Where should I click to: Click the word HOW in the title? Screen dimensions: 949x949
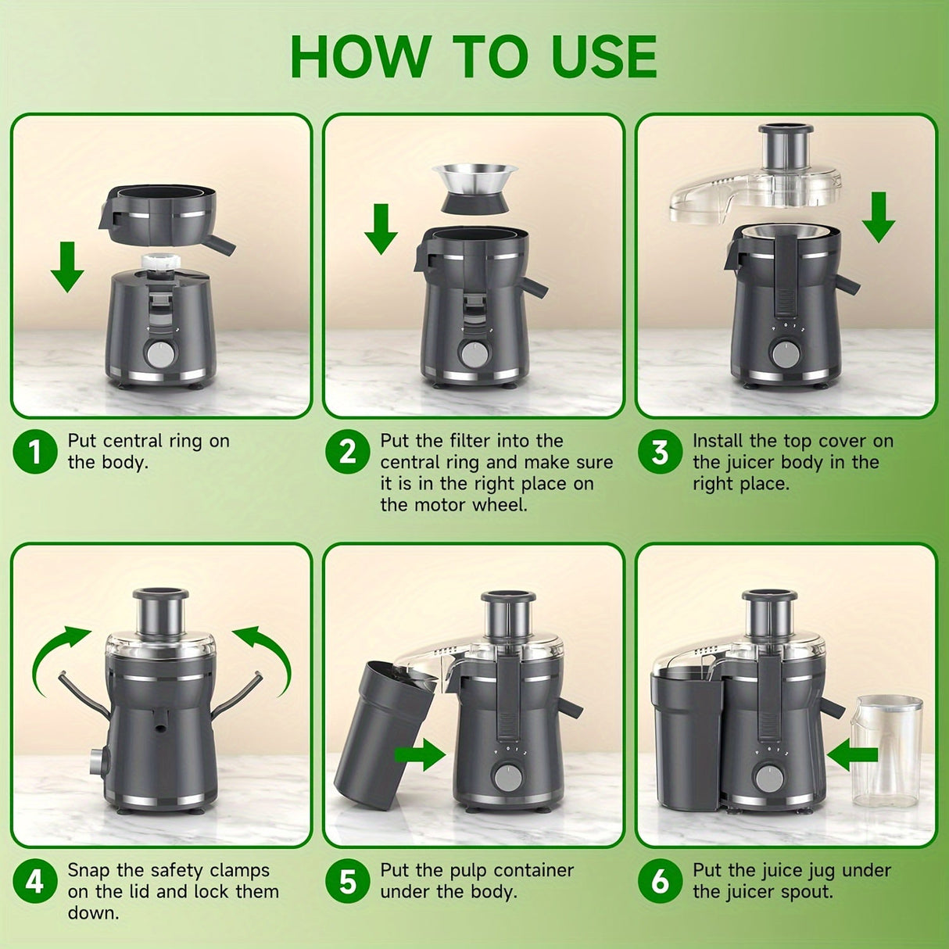(x=359, y=56)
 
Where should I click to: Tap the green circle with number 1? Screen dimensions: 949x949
(x=34, y=452)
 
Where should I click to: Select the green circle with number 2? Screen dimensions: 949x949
(x=347, y=452)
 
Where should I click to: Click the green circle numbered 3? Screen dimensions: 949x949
(x=660, y=452)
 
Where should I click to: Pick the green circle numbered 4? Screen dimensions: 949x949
(x=34, y=881)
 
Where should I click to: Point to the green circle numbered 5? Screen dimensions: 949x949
(x=347, y=881)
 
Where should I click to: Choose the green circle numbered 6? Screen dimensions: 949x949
(x=660, y=881)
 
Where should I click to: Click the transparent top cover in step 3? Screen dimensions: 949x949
(x=750, y=188)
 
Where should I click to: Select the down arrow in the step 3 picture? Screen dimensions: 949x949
(x=878, y=217)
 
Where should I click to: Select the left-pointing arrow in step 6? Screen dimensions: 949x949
(x=852, y=756)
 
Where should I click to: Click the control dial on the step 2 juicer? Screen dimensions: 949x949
(x=474, y=353)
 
